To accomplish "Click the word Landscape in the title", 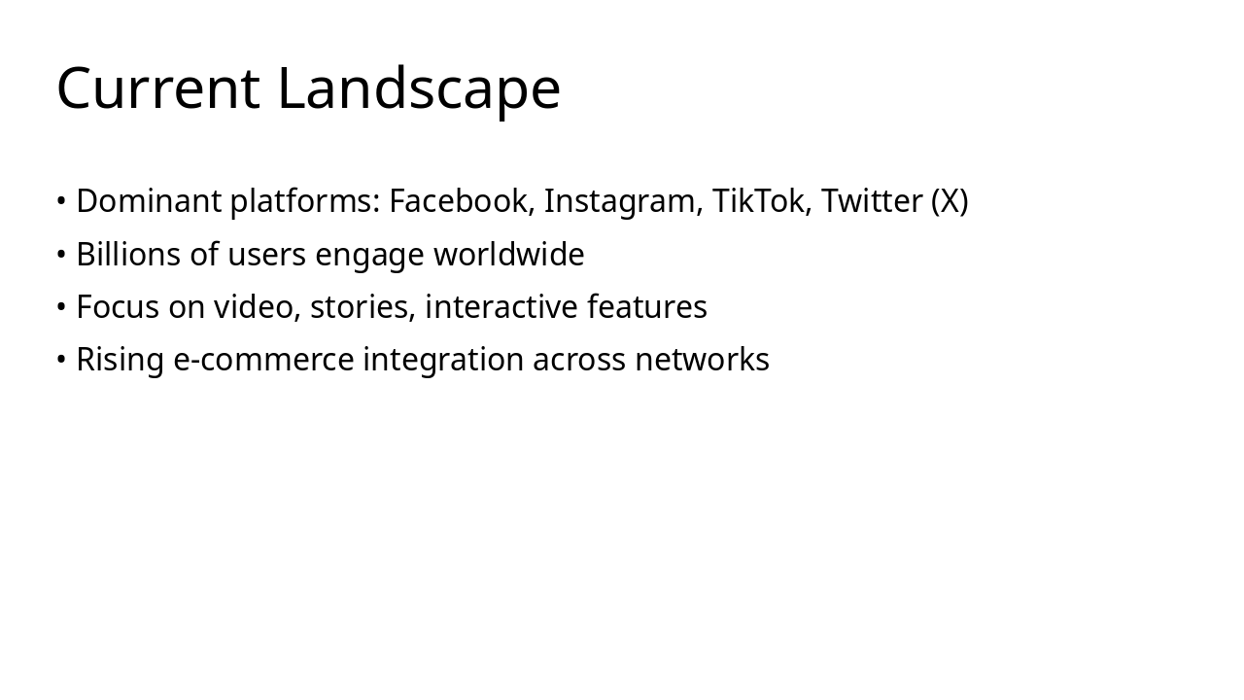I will tap(419, 88).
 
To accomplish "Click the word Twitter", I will tap(872, 201).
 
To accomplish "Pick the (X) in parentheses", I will tap(950, 201).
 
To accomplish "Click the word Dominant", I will tap(149, 201).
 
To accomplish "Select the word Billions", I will tap(128, 255).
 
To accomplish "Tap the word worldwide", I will tap(508, 255).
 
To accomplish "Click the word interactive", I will tap(501, 307).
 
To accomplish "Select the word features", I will tap(647, 307).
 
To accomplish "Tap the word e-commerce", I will tap(263, 360).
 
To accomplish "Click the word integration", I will tap(443, 361).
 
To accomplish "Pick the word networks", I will tap(702, 360).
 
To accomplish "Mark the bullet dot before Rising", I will tap(61, 360).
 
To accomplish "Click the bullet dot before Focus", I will tap(61, 307).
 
